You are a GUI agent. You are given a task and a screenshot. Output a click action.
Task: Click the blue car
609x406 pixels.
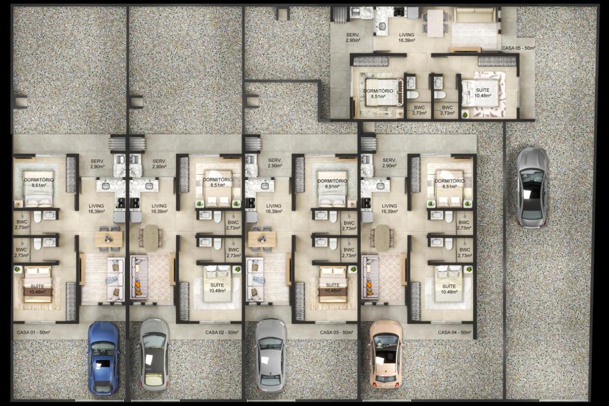(x=103, y=358)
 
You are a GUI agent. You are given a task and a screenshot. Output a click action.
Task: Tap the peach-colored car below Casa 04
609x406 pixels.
(x=385, y=356)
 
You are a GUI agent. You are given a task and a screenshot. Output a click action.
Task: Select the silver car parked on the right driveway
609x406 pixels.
(x=532, y=187)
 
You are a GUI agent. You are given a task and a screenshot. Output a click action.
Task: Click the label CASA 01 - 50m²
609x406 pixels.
(x=34, y=332)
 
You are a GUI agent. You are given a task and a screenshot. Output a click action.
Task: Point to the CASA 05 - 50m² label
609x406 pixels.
(x=519, y=48)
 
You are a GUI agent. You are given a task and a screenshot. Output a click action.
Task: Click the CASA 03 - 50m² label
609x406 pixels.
(x=336, y=332)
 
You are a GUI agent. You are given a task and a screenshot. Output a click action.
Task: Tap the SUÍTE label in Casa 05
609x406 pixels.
(x=482, y=90)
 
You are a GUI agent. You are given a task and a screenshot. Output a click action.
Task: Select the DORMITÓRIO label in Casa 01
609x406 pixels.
(x=38, y=180)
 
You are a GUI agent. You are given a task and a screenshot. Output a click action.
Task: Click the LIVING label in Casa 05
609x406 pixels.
(x=407, y=35)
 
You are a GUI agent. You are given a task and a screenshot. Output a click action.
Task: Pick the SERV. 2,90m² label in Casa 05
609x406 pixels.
(x=353, y=38)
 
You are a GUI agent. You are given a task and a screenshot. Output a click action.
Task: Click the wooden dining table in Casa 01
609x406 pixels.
(x=109, y=239)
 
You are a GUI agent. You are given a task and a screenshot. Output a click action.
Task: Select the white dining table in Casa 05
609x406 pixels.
(x=435, y=24)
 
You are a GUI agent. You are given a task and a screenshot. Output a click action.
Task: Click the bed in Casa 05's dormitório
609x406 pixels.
(x=382, y=92)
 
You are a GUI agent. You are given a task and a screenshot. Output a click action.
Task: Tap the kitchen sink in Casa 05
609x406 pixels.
(x=382, y=26)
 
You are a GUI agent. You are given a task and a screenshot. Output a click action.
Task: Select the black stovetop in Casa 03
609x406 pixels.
(x=250, y=203)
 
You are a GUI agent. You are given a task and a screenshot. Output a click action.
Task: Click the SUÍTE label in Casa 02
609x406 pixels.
(x=217, y=285)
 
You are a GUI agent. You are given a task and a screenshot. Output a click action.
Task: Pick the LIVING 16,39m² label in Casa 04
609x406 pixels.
(x=389, y=208)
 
